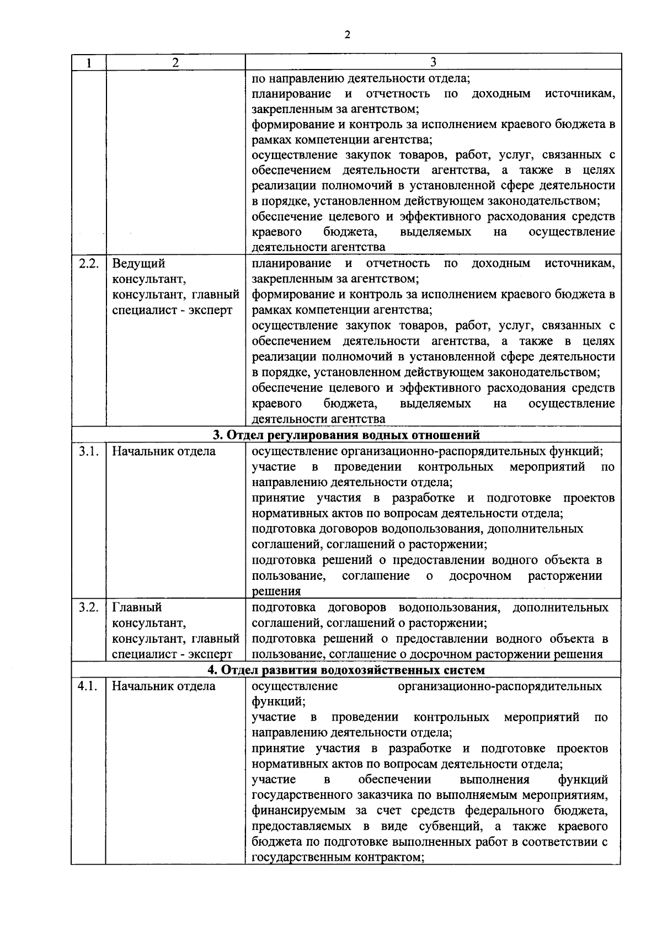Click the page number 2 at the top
pos(346,35)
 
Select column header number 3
pos(433,62)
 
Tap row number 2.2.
pos(88,263)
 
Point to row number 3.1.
pos(88,451)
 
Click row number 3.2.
pos(88,607)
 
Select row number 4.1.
pos(88,686)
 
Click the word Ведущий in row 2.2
pos(138,263)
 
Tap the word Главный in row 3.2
pos(137,607)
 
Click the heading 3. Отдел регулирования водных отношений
pos(346,435)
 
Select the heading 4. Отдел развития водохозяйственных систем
pos(346,670)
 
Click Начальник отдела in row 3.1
pos(164,451)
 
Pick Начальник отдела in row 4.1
pos(164,686)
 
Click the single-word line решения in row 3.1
pos(276,591)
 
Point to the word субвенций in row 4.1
pos(450,827)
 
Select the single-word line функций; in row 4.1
pos(278,702)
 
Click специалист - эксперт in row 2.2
pos(172,310)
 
